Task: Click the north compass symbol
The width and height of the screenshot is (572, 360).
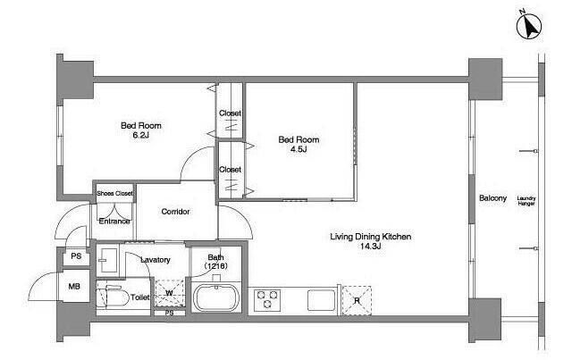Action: (529, 27)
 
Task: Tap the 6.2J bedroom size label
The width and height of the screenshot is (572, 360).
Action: (141, 136)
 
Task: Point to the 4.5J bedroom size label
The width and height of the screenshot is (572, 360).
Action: (299, 149)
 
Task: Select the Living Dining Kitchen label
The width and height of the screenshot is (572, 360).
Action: (371, 237)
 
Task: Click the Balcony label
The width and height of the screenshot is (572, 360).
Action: (492, 198)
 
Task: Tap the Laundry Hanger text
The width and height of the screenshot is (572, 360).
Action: (526, 201)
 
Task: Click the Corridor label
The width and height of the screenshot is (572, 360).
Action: (175, 212)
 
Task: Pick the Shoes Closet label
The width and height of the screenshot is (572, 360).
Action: (114, 193)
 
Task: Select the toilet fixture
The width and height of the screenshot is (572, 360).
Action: (113, 297)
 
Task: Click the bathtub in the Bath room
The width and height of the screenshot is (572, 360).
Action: (215, 297)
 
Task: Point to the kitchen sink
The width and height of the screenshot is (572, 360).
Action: (322, 300)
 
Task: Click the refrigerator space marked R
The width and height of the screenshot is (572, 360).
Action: (357, 300)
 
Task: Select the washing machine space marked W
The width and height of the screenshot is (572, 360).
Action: (169, 292)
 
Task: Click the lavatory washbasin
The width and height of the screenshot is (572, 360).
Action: (108, 260)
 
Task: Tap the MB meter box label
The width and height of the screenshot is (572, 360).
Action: (74, 287)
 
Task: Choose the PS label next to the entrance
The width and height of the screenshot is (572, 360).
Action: (76, 256)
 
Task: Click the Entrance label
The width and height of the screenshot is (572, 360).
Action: (114, 221)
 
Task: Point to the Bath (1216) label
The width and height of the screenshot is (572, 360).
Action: (216, 262)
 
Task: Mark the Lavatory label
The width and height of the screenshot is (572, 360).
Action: (156, 260)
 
